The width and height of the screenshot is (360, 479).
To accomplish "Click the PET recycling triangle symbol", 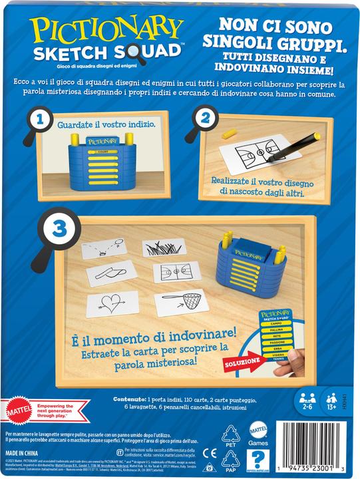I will (x=231, y=434).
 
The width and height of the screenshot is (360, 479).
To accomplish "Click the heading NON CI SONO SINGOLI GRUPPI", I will (x=270, y=36).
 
